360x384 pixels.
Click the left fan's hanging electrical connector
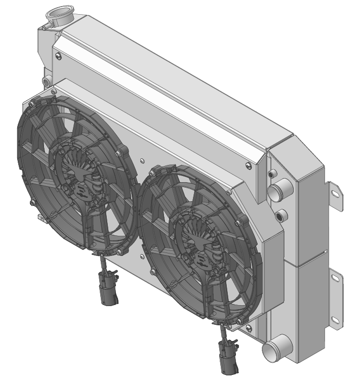pyautogui.click(x=109, y=289)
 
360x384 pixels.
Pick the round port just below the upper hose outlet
pyautogui.click(x=281, y=216)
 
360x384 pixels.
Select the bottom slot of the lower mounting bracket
pyautogui.click(x=335, y=319)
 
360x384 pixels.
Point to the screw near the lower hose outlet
pyautogui.click(x=248, y=328)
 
